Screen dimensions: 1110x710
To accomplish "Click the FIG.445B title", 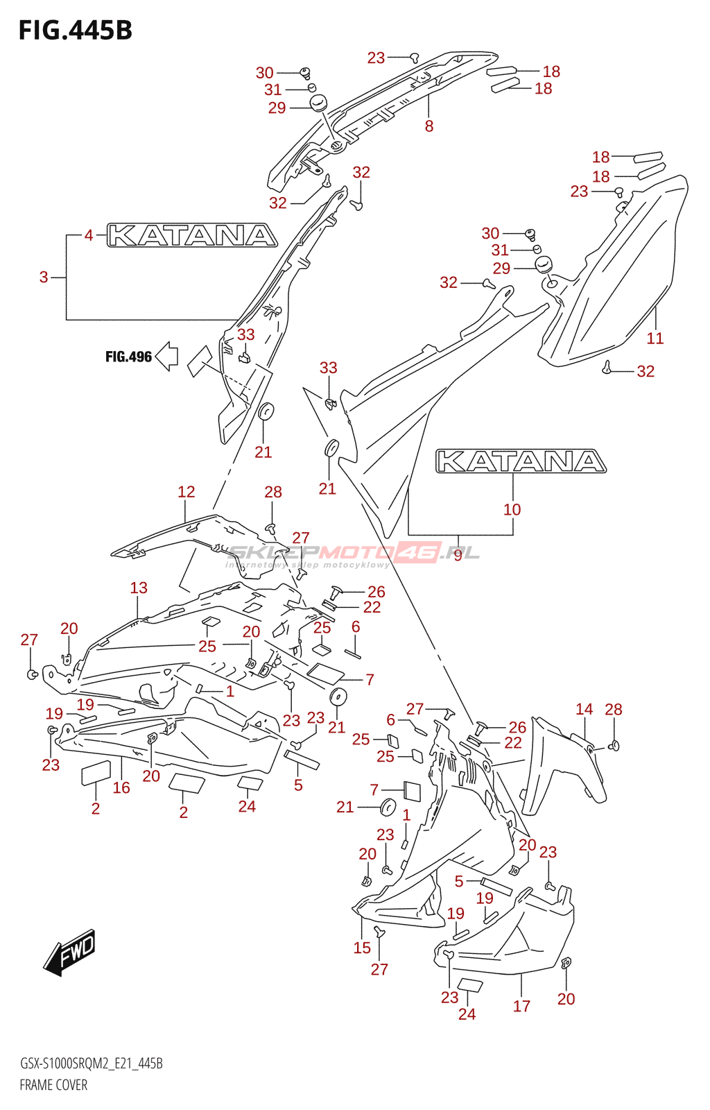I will pos(75,31).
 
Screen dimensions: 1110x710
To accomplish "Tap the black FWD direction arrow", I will pos(69,953).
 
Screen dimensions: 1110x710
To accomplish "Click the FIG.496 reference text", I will pos(128,357).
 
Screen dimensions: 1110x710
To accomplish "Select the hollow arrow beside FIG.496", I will pos(167,357).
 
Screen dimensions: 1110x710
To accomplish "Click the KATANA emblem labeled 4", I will pos(192,236).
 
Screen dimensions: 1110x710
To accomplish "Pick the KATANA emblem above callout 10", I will pos(521,461).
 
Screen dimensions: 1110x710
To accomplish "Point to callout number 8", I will pos(429,126).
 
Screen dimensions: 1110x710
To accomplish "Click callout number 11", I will pos(655,339).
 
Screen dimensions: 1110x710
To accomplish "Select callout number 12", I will pos(187,492).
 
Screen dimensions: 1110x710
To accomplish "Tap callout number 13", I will pos(139,588).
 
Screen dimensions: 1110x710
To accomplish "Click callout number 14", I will pos(585,709).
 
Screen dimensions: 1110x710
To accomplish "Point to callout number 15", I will pos(362,948).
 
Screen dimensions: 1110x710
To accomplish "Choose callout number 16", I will pos(121,787).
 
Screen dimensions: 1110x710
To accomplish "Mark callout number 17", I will pos(522,1006).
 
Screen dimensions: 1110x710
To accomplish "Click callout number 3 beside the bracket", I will pos(44,277).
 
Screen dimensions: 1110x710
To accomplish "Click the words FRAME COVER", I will pos(53,1085).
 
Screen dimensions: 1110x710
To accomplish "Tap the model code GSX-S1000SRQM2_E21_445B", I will pos(91,1064).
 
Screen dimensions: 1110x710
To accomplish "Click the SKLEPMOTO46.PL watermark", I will pos(354,554).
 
